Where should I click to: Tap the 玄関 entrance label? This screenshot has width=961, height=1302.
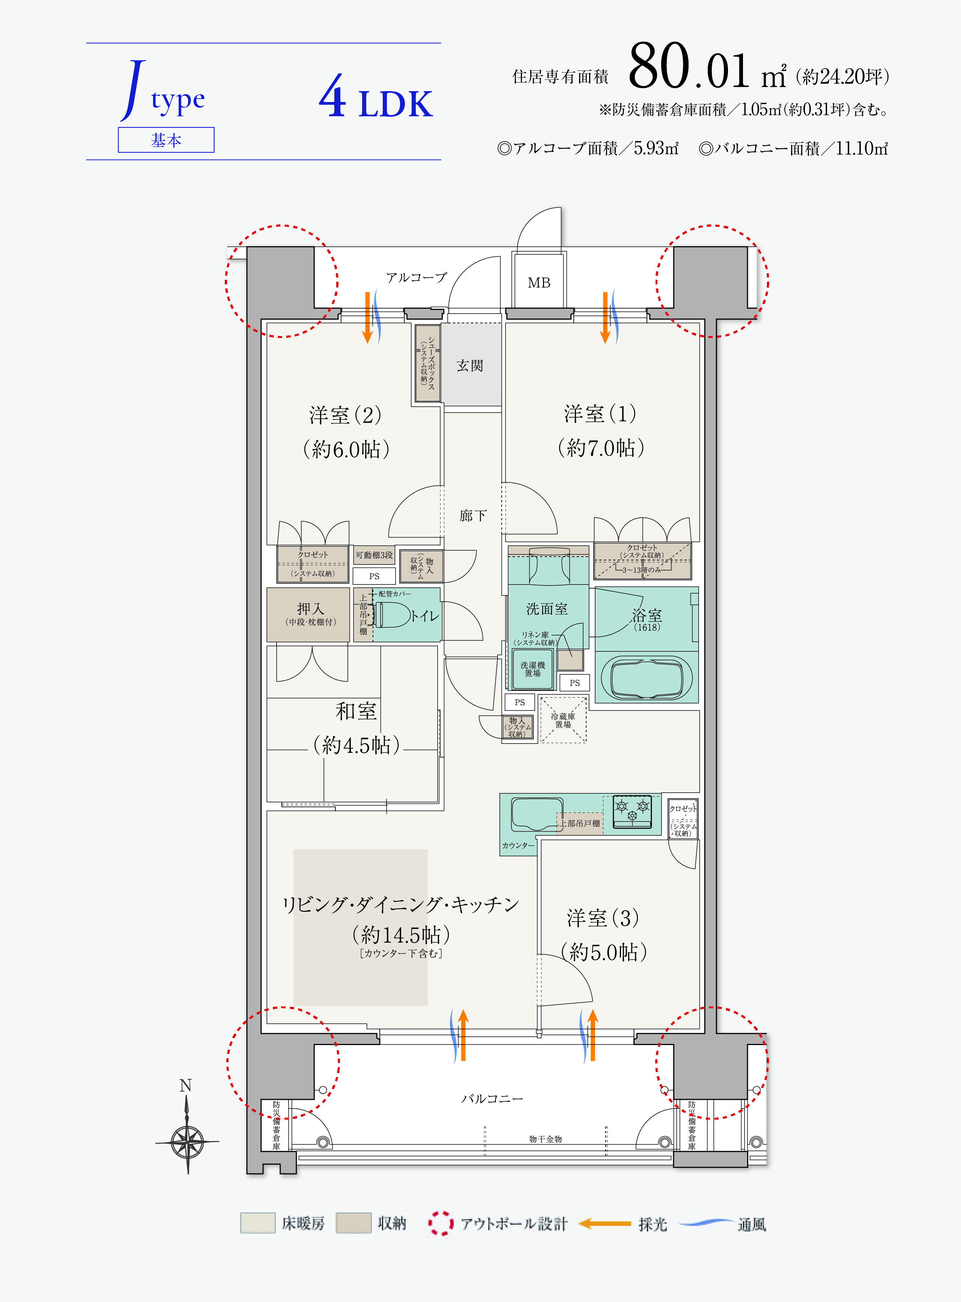(470, 365)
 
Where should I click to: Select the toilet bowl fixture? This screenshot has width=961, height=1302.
(393, 615)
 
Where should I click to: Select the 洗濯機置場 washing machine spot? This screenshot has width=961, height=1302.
(533, 669)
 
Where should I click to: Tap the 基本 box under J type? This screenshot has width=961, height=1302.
(166, 140)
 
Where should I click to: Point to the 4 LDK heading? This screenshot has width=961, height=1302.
(376, 98)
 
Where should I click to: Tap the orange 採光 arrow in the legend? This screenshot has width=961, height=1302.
(605, 1224)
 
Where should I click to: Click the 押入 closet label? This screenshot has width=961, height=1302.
(311, 608)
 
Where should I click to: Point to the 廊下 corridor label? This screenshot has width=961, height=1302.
(472, 515)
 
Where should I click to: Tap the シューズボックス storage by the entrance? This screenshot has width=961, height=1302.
(427, 363)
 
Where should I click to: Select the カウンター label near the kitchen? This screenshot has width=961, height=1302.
(518, 845)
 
